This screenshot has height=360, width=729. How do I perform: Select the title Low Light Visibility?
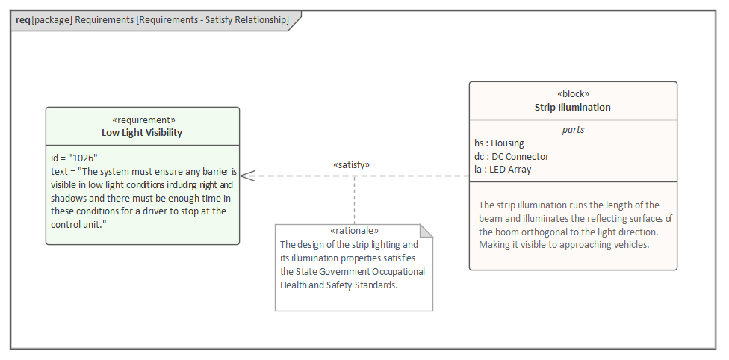click(x=142, y=133)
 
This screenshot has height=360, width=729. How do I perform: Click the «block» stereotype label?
click(x=573, y=94)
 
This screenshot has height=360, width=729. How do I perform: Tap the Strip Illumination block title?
click(x=573, y=108)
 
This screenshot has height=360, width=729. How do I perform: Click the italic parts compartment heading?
click(x=573, y=130)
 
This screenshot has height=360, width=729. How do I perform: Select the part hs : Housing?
click(x=499, y=143)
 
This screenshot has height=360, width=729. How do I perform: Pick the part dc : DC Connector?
click(x=512, y=157)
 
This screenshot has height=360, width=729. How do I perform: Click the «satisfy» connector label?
click(x=351, y=164)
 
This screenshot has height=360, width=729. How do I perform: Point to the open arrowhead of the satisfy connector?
click(x=247, y=176)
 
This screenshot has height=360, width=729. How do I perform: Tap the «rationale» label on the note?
click(x=354, y=231)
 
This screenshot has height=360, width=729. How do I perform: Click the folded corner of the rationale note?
click(x=426, y=231)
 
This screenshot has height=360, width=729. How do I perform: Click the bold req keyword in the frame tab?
click(x=22, y=20)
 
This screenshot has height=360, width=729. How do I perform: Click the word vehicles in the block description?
click(x=631, y=245)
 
